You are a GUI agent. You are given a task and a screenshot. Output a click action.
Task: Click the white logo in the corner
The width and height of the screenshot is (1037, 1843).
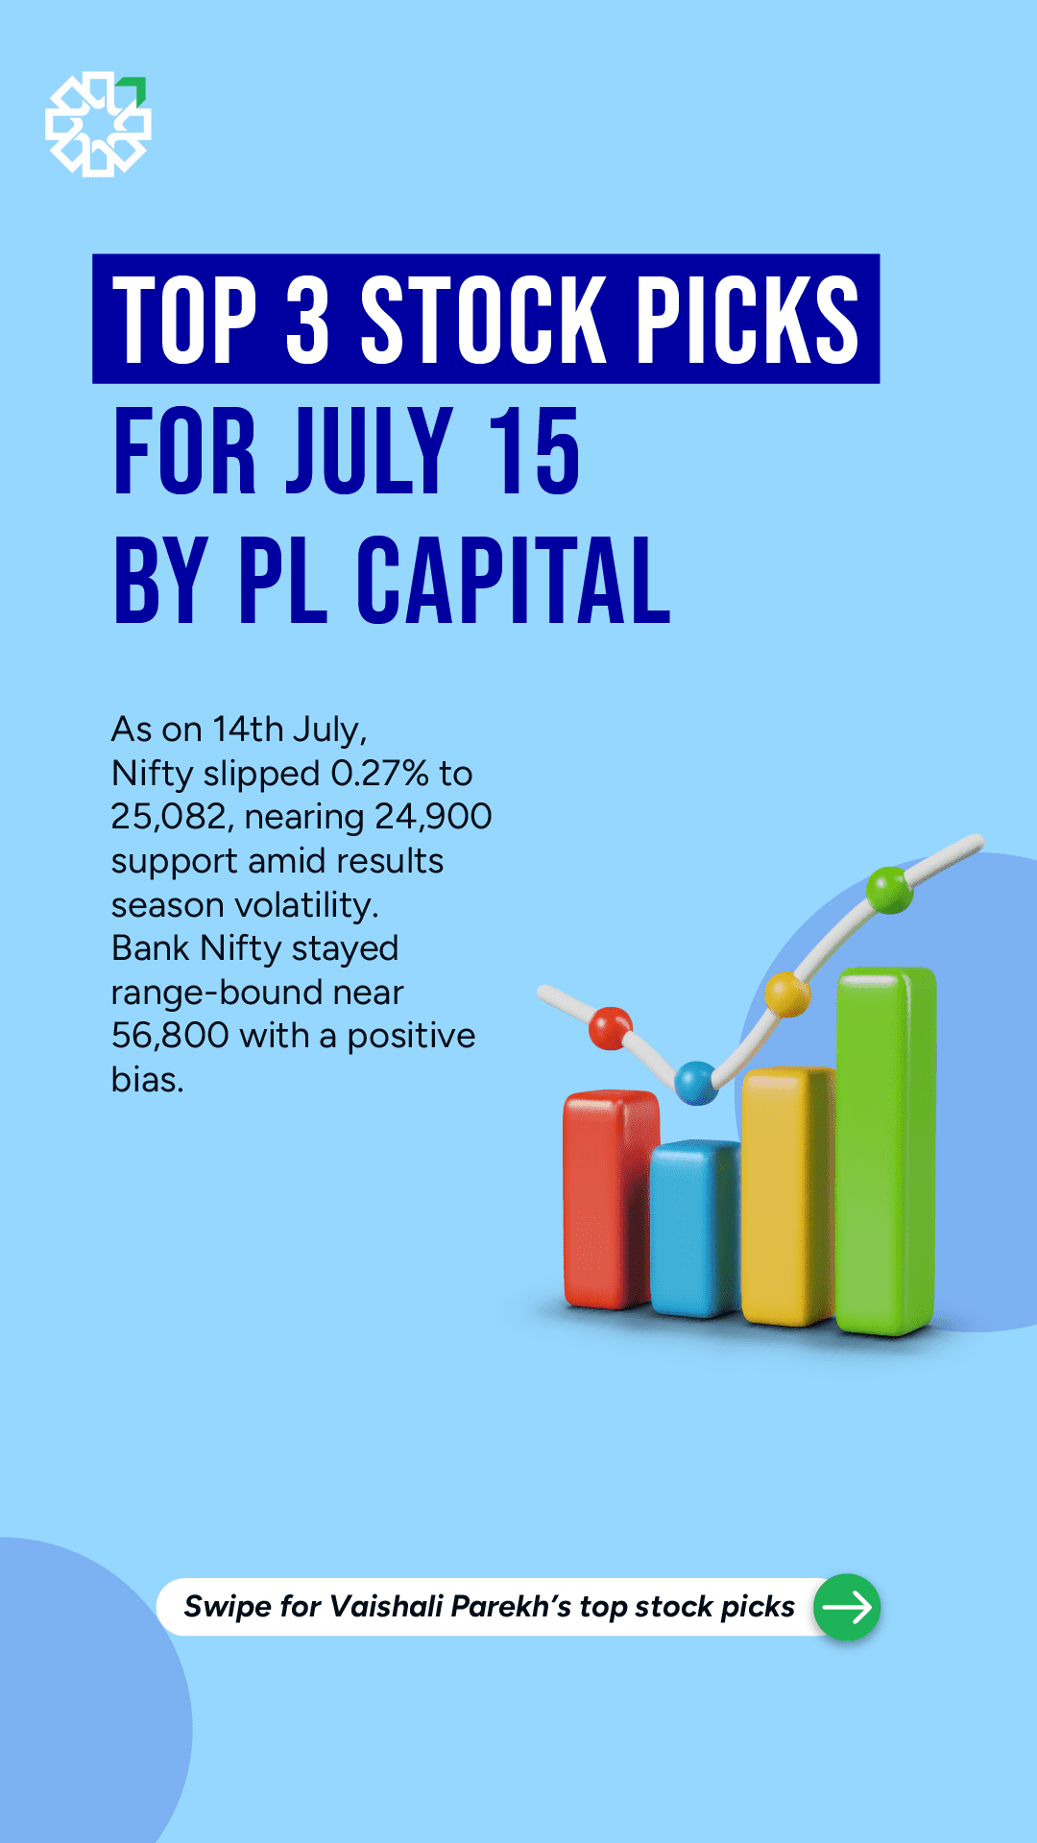(98, 124)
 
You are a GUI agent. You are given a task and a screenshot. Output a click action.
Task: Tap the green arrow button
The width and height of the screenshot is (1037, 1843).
(847, 1607)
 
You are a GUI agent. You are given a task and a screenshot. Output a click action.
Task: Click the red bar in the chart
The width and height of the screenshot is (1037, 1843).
(611, 1200)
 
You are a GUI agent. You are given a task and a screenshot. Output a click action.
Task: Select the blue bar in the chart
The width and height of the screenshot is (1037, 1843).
(695, 1229)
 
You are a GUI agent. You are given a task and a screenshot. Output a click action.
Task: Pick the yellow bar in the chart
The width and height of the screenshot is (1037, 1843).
(787, 1197)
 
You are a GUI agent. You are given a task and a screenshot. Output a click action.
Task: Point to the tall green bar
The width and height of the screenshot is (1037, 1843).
(885, 1151)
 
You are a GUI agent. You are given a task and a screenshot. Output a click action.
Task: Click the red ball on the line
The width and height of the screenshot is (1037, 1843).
(611, 1028)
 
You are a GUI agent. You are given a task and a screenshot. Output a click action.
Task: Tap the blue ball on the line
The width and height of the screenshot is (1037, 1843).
(696, 1083)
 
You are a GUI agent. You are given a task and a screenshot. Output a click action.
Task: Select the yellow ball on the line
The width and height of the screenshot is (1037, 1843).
(788, 993)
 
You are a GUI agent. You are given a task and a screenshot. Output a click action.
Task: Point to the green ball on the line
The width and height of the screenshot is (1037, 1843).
(889, 890)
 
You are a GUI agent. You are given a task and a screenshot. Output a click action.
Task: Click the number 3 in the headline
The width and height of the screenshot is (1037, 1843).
(308, 320)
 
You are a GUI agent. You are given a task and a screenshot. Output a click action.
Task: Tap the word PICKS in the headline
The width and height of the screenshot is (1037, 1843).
(748, 320)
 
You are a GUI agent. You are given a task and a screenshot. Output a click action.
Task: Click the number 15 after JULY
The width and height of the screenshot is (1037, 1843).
(534, 450)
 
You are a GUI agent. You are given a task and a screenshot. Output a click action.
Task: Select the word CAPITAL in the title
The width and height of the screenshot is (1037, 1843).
(514, 581)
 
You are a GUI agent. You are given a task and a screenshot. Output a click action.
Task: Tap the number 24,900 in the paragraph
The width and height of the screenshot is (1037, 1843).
(433, 817)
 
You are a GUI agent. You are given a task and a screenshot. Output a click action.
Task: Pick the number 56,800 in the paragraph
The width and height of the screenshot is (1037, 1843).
(170, 1036)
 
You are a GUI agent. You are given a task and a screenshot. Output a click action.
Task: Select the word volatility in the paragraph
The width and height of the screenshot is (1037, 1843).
(306, 906)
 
